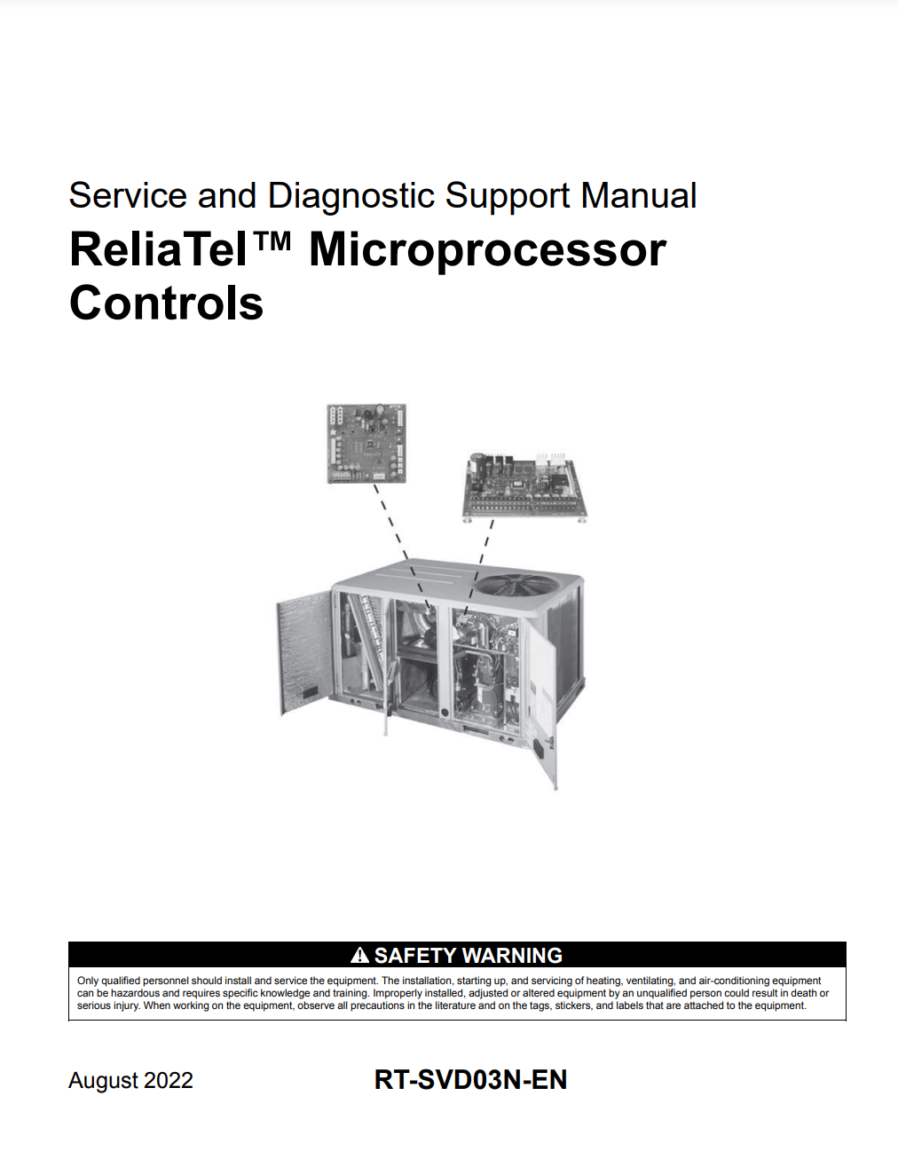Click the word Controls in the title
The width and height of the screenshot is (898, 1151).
tap(166, 303)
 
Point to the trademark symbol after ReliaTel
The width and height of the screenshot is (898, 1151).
tap(272, 240)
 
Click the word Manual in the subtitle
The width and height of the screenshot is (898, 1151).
tap(639, 195)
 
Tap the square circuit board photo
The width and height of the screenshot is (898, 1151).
tap(366, 444)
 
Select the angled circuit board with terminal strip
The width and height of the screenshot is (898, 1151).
tap(524, 486)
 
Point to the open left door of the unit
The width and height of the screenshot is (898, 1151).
tap(304, 651)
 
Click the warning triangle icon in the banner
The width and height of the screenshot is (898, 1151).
tap(359, 955)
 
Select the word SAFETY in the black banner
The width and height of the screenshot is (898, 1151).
tap(414, 956)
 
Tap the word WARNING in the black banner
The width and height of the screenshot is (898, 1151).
tap(512, 956)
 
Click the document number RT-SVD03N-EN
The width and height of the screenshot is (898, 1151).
tap(470, 1079)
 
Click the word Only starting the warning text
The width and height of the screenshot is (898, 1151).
tap(87, 981)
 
